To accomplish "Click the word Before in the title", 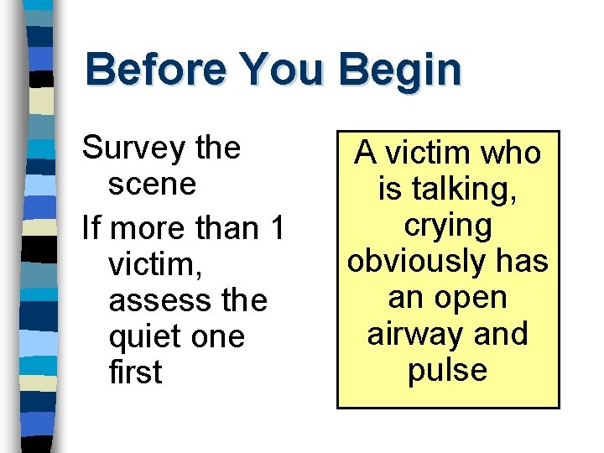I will pos(155,70).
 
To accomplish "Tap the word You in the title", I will pos(281,70).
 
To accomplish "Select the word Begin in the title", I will pos(400,70).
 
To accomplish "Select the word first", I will pos(135,373).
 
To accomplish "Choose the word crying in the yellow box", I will pos(447,226).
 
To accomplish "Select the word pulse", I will pos(447,370).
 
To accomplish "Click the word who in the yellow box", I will pos(510,154).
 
